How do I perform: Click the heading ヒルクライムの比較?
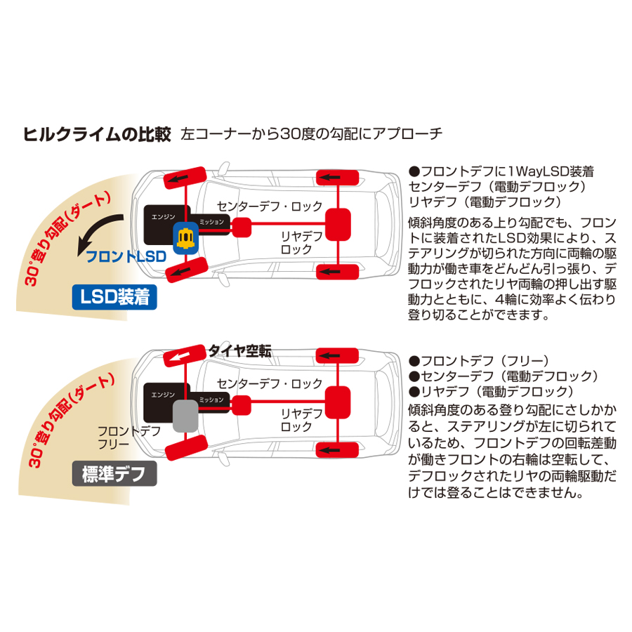[x=97, y=133]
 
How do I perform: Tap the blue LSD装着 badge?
[x=114, y=298]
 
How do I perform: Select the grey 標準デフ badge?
[x=114, y=475]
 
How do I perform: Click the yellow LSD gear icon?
[x=185, y=239]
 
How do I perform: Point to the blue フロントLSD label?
[x=126, y=257]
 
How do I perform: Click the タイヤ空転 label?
[x=239, y=350]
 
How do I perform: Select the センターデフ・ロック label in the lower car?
[x=269, y=383]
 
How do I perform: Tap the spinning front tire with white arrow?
[x=185, y=355]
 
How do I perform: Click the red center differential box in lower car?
[x=242, y=403]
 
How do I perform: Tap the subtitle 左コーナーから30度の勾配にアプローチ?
[x=311, y=133]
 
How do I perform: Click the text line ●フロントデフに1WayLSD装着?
[x=501, y=171]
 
